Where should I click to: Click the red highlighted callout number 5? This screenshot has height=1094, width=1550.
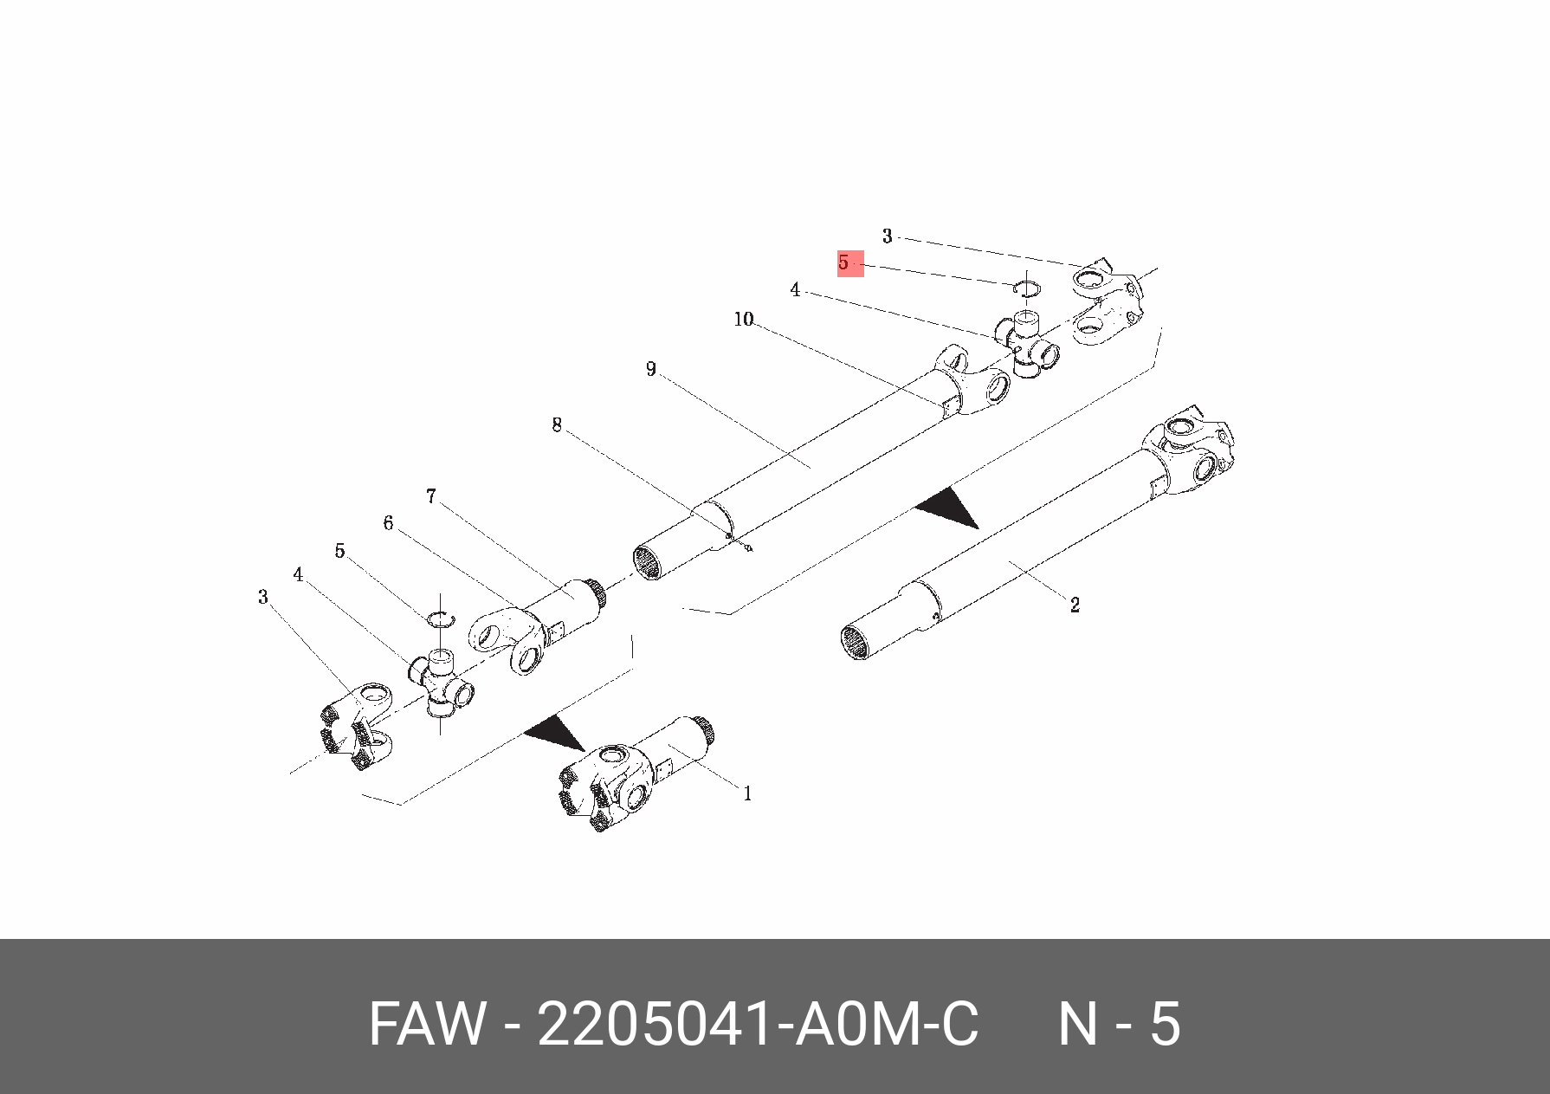coord(849,262)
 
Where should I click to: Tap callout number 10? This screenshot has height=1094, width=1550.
coord(744,320)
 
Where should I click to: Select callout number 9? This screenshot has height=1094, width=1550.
coord(651,369)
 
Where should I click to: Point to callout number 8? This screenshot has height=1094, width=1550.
coord(557,424)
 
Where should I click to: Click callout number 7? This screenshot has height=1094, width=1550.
coord(431,496)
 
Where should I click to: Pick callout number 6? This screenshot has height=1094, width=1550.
coord(388,523)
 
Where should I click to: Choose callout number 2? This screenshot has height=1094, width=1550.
coord(1075,605)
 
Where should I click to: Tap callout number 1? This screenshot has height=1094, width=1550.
coord(747,793)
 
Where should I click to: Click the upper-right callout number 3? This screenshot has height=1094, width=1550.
coord(887,236)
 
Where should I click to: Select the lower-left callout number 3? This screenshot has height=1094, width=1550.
coord(263,597)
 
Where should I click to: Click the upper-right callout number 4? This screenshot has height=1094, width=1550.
coord(795,289)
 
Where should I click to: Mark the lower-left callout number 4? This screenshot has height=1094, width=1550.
coord(298,574)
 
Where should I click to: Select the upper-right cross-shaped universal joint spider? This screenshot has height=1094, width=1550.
coord(1027,344)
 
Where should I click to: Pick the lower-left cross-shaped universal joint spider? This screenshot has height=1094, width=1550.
coord(442,681)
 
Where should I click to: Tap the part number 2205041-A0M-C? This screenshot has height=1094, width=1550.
coord(758,1025)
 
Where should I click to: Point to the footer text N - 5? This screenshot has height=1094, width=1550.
coord(1119,1025)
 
